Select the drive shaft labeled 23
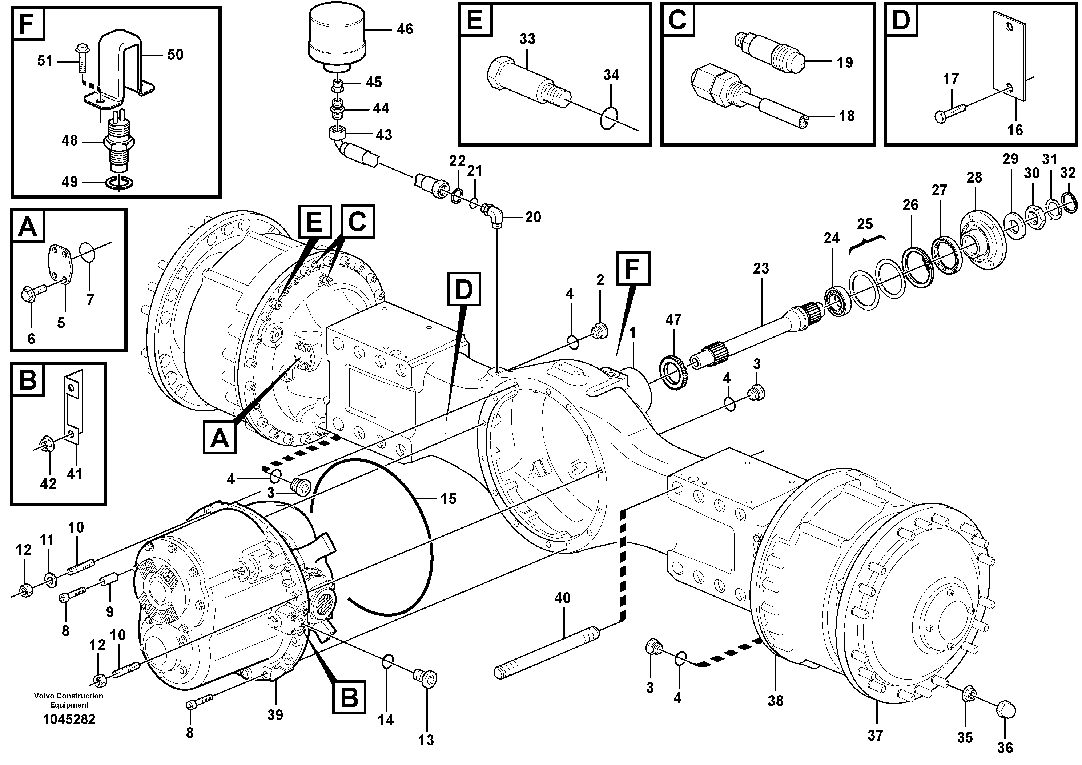754,332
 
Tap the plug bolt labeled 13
425,679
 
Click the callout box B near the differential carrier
349,697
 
